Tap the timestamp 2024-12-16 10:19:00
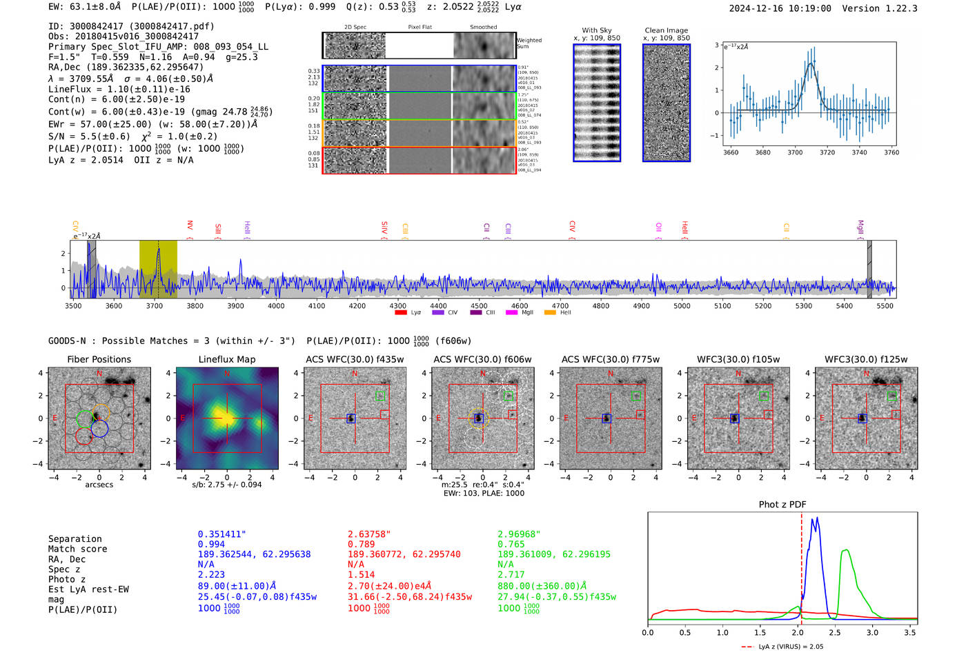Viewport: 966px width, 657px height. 780,8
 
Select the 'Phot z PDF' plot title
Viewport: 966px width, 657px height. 782,504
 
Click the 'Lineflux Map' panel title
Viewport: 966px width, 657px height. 226,359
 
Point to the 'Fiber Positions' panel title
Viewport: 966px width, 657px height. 99,359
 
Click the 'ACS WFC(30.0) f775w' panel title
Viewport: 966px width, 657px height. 610,359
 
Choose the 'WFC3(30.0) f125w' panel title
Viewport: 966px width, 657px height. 866,359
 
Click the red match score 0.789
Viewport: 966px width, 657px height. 362,545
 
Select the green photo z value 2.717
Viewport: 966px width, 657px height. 511,574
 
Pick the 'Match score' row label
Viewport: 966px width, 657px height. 77,549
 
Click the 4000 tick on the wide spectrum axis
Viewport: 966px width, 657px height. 276,305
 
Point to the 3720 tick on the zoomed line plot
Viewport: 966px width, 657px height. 827,152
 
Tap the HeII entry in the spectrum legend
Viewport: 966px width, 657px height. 565,313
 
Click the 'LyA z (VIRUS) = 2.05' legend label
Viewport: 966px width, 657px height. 791,647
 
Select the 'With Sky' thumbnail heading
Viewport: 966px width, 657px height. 596,30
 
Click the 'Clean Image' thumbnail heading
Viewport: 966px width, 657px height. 666,30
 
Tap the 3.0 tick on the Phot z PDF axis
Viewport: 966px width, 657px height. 872,632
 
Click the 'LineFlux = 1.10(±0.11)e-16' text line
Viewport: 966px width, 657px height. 119,89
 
